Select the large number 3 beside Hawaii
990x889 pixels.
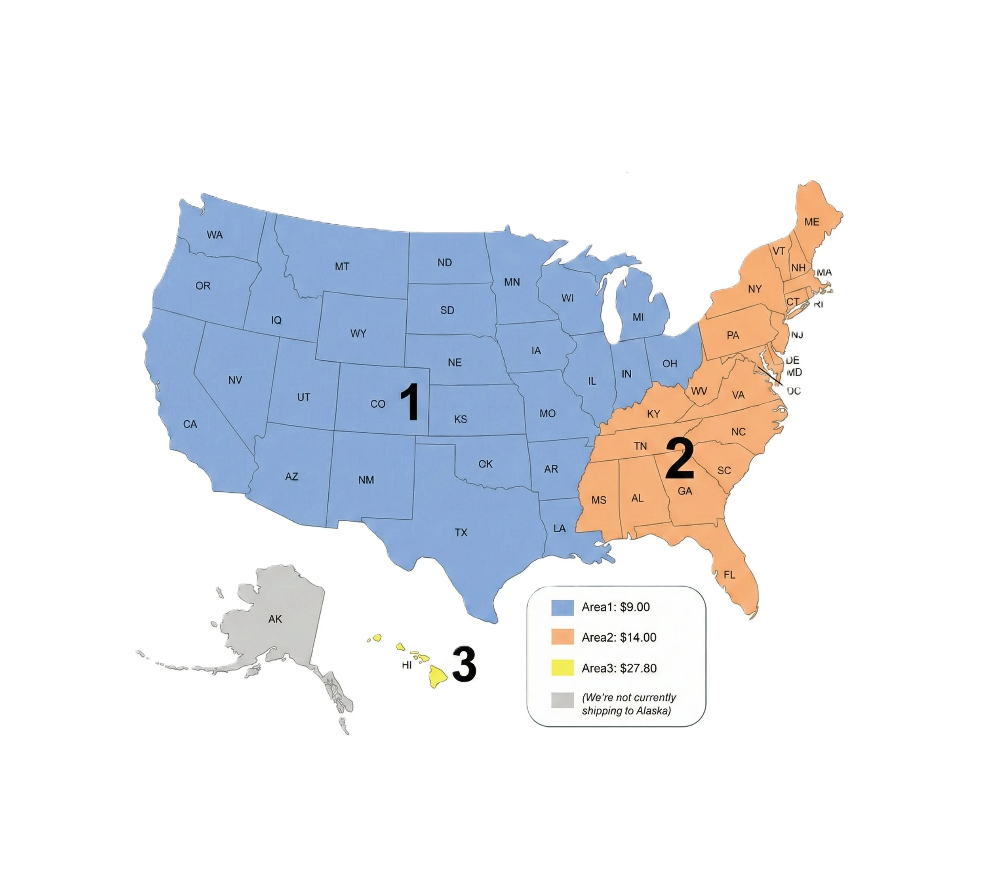click(464, 664)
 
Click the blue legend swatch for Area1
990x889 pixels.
click(562, 607)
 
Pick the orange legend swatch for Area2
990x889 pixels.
click(562, 637)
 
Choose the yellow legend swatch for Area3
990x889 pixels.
click(562, 668)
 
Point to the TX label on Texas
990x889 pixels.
click(461, 532)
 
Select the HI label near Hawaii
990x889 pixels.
click(407, 665)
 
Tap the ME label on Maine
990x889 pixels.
click(812, 222)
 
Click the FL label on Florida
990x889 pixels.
click(729, 575)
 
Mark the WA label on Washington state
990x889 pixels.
click(215, 235)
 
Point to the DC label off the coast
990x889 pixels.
click(794, 391)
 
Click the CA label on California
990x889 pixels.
click(190, 424)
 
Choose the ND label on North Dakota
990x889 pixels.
click(444, 263)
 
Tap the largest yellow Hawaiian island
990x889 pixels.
click(438, 676)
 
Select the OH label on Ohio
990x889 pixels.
click(670, 363)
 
